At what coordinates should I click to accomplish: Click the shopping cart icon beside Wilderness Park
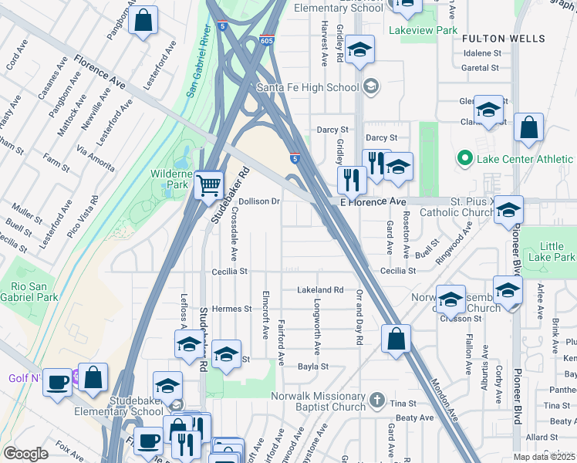click(x=208, y=185)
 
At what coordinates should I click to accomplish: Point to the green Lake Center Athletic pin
click(x=464, y=159)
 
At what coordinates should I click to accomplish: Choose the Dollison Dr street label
click(x=258, y=201)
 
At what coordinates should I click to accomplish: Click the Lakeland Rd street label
click(x=320, y=290)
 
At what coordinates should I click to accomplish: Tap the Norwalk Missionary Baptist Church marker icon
click(x=376, y=399)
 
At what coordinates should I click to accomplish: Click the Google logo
click(x=25, y=454)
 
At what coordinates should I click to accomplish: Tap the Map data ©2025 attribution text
click(x=544, y=457)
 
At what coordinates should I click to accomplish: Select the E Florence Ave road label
click(x=373, y=201)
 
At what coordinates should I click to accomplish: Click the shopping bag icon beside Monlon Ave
click(x=396, y=339)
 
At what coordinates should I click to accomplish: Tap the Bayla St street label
click(x=313, y=367)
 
